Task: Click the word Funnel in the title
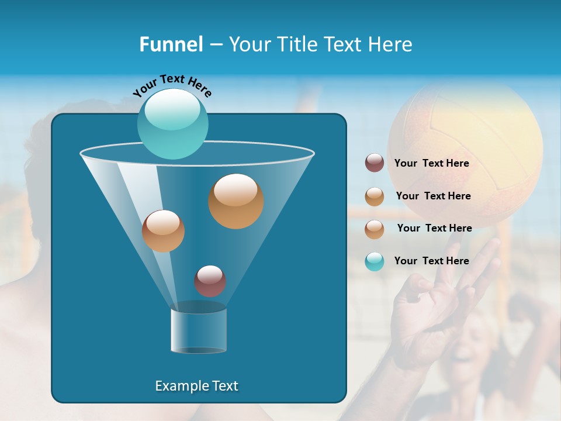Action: point(171,44)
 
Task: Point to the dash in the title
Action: point(215,45)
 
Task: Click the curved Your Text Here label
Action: point(172,85)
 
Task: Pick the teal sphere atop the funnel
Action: point(172,123)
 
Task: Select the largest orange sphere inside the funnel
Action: point(236,201)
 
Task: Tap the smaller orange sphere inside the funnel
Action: point(163,231)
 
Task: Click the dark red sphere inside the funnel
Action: point(210,281)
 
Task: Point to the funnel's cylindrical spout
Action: point(199,331)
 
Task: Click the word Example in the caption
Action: point(181,386)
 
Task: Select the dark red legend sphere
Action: point(375,163)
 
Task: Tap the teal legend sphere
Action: point(375,261)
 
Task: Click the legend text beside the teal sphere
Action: point(432,261)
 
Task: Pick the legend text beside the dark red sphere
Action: point(432,163)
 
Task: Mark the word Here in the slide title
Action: point(390,44)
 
